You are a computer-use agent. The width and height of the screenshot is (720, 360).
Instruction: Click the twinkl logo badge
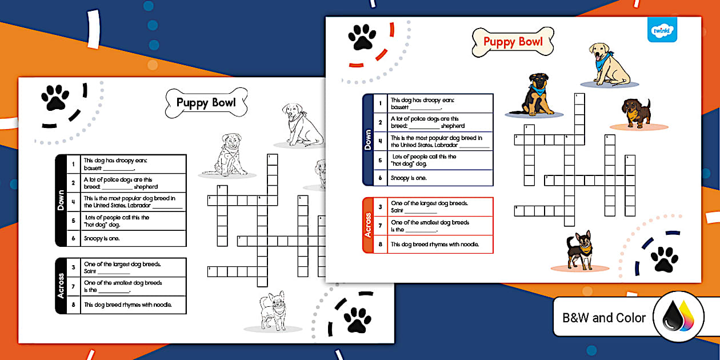(x=662, y=30)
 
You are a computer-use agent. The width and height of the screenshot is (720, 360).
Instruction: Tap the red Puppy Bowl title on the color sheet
(x=513, y=42)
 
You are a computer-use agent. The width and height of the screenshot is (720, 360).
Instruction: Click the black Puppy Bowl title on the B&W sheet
(x=206, y=103)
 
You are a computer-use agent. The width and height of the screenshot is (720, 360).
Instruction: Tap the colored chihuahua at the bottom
(x=580, y=250)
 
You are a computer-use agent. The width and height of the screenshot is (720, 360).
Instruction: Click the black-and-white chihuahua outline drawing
(x=272, y=310)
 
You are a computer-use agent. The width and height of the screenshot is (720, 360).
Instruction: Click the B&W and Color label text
(x=604, y=318)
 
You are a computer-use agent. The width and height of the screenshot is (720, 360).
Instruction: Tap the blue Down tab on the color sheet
(x=369, y=140)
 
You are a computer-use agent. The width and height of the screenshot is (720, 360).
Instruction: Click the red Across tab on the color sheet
(x=369, y=225)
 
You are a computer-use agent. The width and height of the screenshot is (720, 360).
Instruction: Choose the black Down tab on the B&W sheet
(x=61, y=200)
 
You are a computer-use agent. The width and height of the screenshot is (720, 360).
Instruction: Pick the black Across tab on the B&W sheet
(x=61, y=286)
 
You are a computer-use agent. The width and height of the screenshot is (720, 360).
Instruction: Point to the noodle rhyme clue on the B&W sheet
(x=135, y=305)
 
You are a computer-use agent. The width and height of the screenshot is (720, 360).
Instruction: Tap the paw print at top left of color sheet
(x=362, y=38)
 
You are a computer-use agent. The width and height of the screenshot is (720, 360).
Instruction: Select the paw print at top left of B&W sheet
(x=55, y=98)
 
